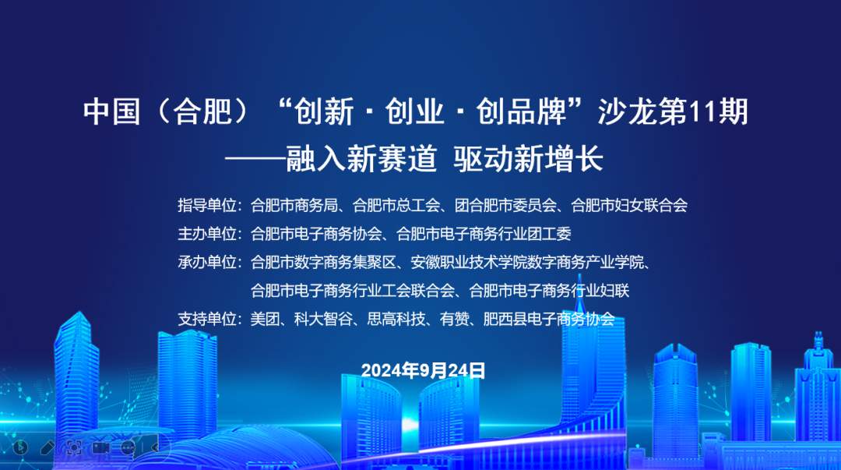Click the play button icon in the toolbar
20,447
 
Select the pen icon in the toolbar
48,447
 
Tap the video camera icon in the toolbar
100,447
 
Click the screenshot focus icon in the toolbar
74,447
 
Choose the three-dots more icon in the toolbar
128,447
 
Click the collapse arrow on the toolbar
154,447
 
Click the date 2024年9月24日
423,370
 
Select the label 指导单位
207,205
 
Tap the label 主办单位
207,234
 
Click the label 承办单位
207,262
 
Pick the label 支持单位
207,319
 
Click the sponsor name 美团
265,319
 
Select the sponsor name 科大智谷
323,319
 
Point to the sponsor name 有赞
454,319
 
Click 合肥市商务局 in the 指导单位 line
294,205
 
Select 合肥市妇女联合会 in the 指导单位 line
629,205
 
